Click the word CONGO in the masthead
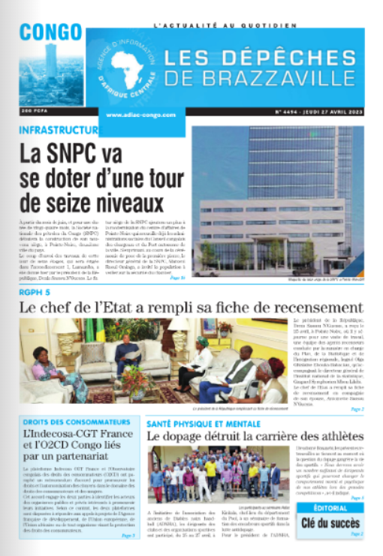[51, 32]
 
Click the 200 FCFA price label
[36, 111]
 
